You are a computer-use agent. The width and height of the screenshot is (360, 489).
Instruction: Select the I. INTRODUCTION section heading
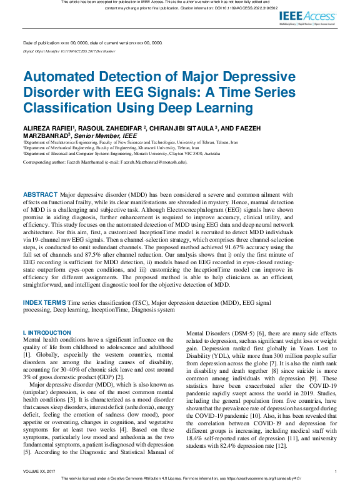coord(47,333)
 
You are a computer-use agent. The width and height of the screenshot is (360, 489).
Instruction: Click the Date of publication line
coord(92,42)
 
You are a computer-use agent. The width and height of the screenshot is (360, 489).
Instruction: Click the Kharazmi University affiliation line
coord(100,147)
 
